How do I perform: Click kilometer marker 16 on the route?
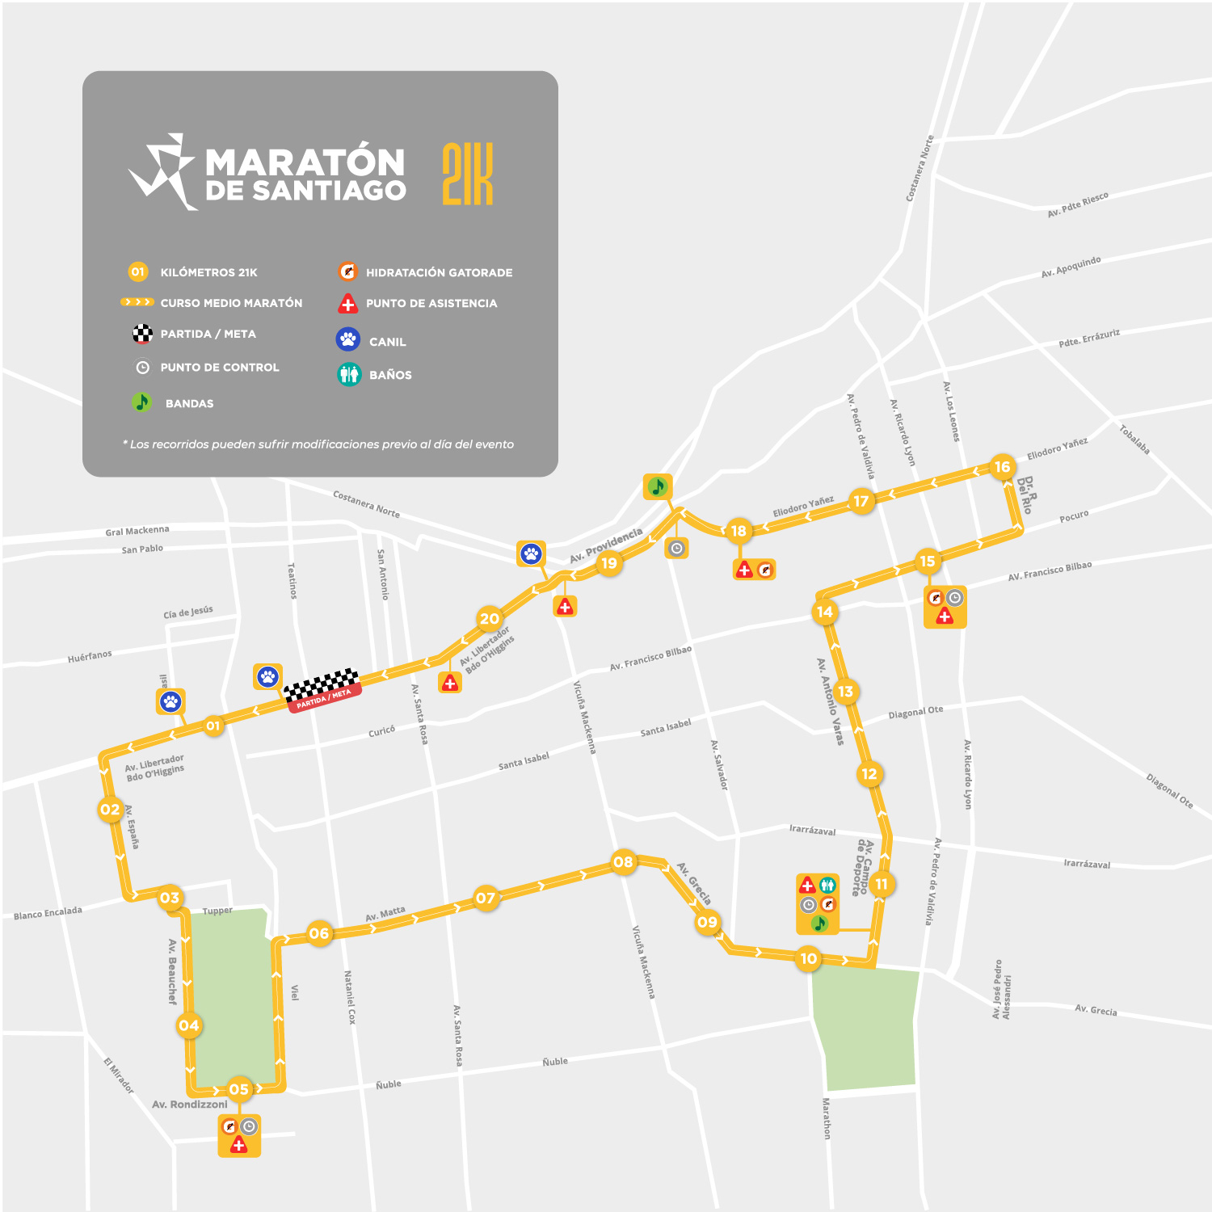[1002, 467]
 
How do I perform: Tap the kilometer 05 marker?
[239, 1089]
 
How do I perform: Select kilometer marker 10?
[809, 959]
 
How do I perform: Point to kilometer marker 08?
[623, 862]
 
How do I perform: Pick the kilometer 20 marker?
[490, 619]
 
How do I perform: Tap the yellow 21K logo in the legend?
[468, 174]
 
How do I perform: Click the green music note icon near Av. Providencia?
[658, 486]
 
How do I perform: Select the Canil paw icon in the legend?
[348, 339]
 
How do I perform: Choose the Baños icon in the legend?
[349, 374]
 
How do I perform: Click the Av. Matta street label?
[385, 914]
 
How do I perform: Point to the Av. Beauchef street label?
[172, 971]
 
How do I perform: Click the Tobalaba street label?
[1134, 439]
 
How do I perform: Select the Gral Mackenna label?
[137, 531]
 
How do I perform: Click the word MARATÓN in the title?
[305, 162]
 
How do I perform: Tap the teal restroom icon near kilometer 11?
[827, 886]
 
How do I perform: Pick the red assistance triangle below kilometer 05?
[238, 1144]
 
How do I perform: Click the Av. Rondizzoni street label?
[190, 1105]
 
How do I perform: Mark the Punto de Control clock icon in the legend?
[143, 368]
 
